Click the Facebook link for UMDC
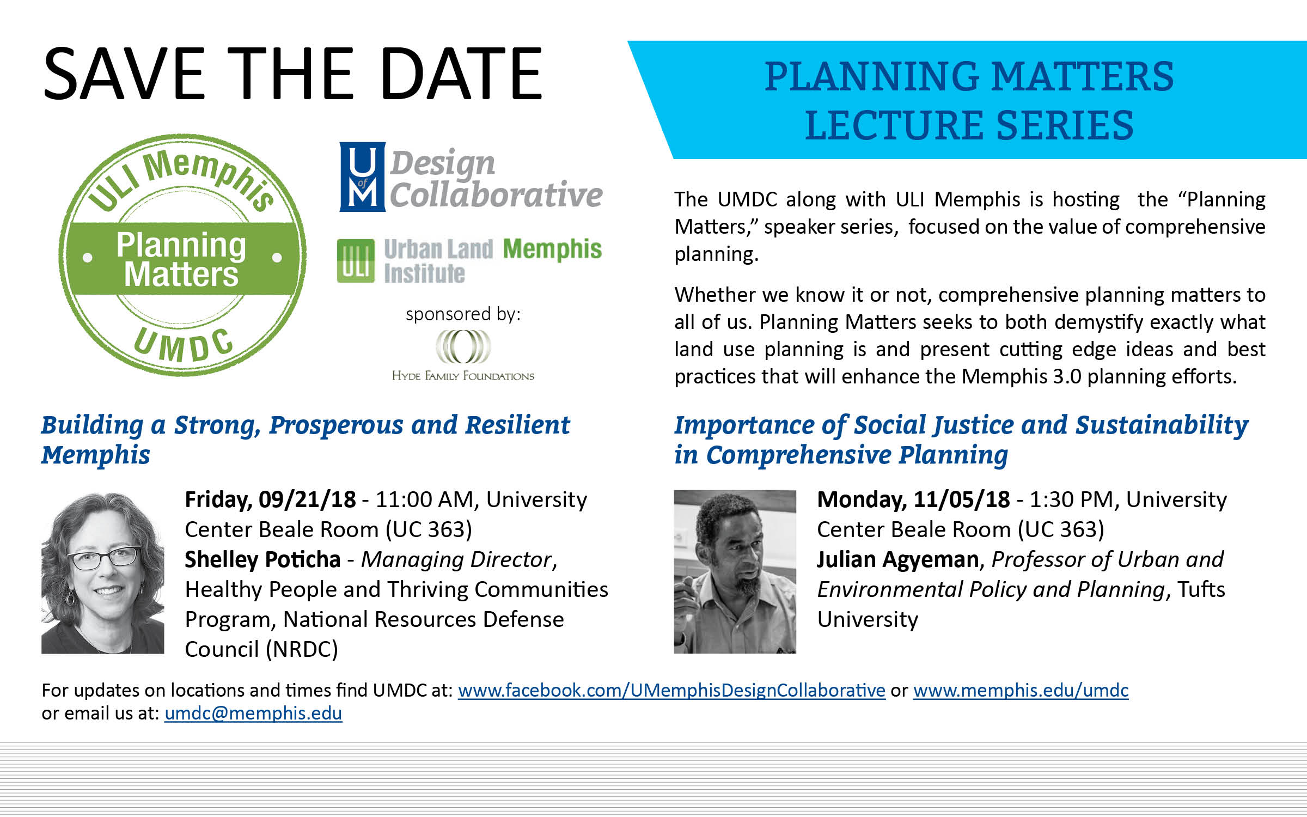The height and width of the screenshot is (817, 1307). (x=671, y=690)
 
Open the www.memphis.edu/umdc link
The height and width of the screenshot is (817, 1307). (x=1021, y=690)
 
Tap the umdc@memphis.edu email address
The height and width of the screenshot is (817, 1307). (x=253, y=713)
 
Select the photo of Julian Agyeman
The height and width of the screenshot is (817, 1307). (x=735, y=571)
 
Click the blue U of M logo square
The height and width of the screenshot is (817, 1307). (x=363, y=176)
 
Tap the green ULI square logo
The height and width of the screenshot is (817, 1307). (x=356, y=261)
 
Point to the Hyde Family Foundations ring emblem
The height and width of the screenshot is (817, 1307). (x=463, y=347)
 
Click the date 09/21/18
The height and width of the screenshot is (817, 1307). (x=307, y=499)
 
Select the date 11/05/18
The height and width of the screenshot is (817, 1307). (x=961, y=499)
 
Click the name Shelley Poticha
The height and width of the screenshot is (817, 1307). (x=262, y=559)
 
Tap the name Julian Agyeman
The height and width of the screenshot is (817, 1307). (x=898, y=560)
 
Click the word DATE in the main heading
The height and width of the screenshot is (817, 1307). (x=461, y=74)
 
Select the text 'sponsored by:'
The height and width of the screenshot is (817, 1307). (x=463, y=314)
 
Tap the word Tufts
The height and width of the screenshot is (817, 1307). (x=1201, y=589)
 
